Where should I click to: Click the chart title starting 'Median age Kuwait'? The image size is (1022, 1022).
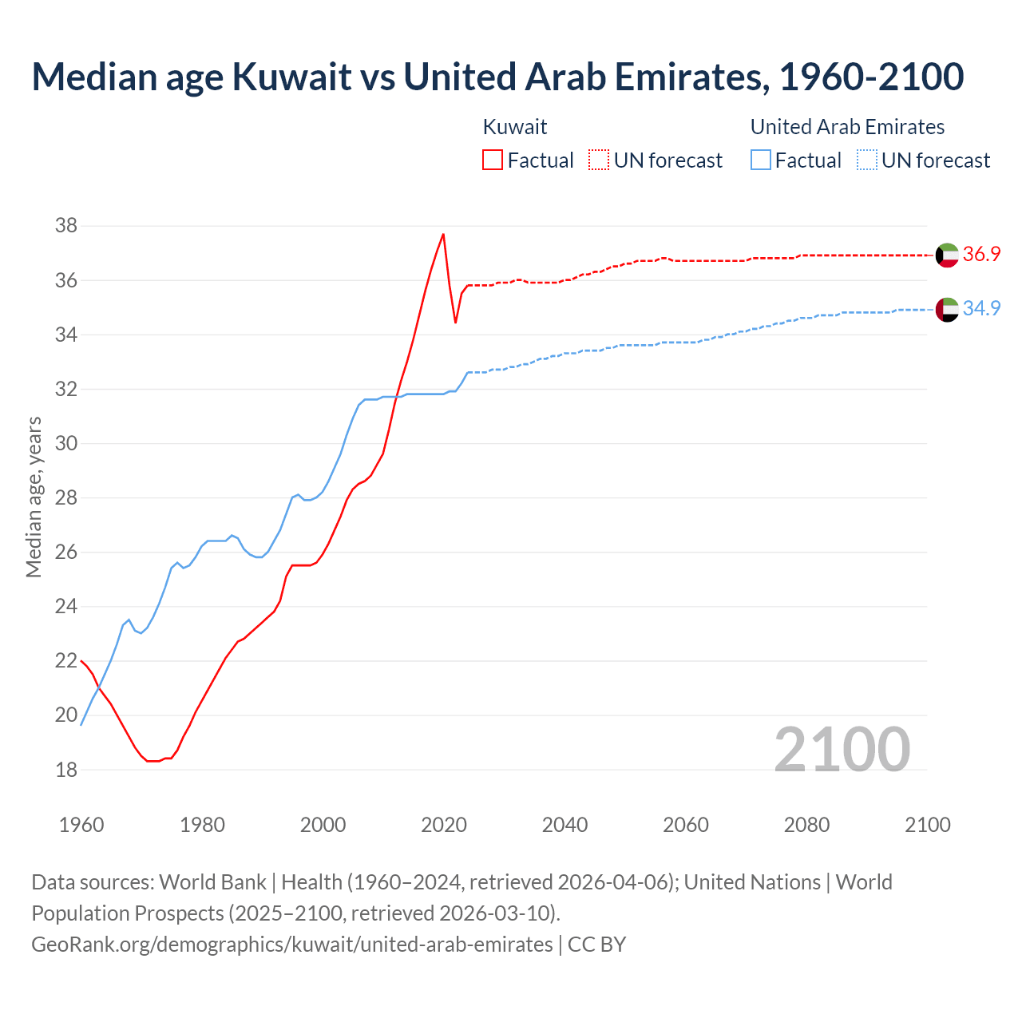click(497, 77)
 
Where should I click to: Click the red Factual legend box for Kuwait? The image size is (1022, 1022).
click(493, 160)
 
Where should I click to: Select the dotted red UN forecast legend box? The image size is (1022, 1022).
click(599, 160)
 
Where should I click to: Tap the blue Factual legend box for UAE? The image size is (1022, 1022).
click(761, 160)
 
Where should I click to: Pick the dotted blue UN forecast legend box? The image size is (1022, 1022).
click(867, 160)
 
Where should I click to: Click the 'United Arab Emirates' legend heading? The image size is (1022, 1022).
click(847, 127)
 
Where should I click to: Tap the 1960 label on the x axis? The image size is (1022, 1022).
click(81, 825)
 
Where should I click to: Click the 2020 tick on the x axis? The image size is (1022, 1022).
click(444, 825)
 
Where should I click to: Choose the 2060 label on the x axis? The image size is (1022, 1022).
click(686, 825)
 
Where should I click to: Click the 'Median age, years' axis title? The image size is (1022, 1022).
click(34, 497)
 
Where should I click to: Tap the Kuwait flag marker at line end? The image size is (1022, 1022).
click(947, 255)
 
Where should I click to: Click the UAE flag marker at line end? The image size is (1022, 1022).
click(947, 310)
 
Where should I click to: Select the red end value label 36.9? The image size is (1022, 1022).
click(981, 255)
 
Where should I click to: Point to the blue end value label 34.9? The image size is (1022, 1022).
click(981, 309)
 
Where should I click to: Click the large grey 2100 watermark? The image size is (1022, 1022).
click(842, 749)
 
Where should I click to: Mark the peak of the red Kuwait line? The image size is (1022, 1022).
click(443, 234)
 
